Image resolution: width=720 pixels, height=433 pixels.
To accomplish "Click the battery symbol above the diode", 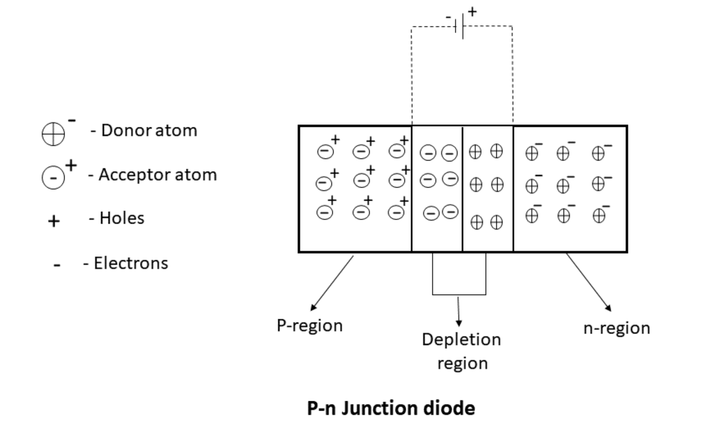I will (x=461, y=26).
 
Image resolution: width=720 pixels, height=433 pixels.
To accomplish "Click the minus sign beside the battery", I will (x=448, y=17).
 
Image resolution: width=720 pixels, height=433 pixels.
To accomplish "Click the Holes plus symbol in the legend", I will (x=54, y=222).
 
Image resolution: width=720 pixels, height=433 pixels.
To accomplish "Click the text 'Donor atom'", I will (x=143, y=131).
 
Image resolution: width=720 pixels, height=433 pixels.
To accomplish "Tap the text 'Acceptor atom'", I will (x=153, y=175).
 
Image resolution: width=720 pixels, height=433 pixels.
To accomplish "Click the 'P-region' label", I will (x=309, y=326).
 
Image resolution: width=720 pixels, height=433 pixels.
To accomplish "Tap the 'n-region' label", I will (x=617, y=328).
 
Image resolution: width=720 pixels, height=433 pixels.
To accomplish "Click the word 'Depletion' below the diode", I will (x=461, y=340).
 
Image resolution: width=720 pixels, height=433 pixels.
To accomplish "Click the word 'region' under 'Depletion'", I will (x=462, y=363).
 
